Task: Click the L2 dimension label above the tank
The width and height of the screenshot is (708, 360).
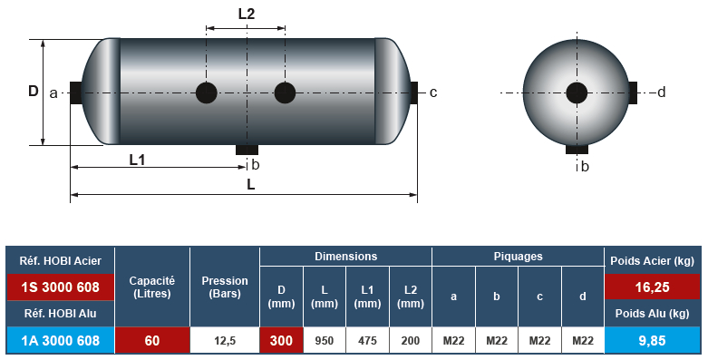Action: click(x=247, y=14)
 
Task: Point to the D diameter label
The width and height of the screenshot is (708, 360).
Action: click(x=34, y=92)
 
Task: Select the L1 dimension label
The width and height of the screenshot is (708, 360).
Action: click(x=137, y=160)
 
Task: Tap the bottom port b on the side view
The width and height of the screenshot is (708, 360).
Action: click(x=247, y=150)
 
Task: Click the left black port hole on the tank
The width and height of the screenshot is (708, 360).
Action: click(x=207, y=93)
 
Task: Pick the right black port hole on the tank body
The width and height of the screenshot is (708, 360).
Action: click(x=285, y=93)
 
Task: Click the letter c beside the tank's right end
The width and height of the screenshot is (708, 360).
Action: click(x=433, y=92)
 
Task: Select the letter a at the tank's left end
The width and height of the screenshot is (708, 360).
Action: click(x=53, y=93)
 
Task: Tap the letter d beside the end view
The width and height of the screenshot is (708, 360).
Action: click(x=662, y=92)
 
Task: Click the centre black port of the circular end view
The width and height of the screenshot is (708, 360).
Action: click(x=577, y=93)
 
